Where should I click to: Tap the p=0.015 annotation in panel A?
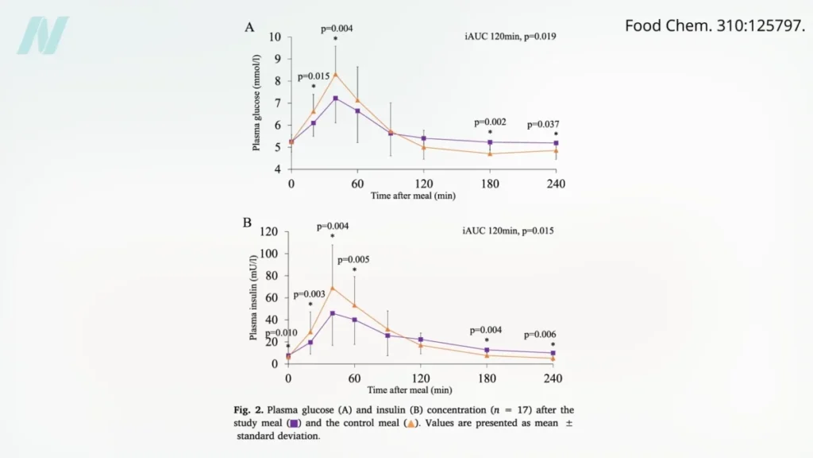point(314,76)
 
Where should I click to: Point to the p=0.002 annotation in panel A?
point(490,122)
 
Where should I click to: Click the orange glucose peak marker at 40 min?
point(336,74)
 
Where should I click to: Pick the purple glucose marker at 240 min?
point(556,143)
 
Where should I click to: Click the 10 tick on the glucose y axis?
point(275,37)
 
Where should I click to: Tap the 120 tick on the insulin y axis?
point(271,232)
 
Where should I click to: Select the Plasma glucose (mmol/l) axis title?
point(256,103)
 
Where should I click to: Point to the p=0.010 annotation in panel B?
point(281,333)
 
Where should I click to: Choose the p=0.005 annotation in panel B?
point(353,259)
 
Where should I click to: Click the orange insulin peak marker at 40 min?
point(333,288)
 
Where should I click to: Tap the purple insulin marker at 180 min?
point(487,350)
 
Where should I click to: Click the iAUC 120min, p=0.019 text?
point(510,36)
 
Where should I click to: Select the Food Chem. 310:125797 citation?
point(715,25)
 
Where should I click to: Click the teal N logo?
point(43,36)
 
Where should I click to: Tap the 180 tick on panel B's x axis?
point(487,378)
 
